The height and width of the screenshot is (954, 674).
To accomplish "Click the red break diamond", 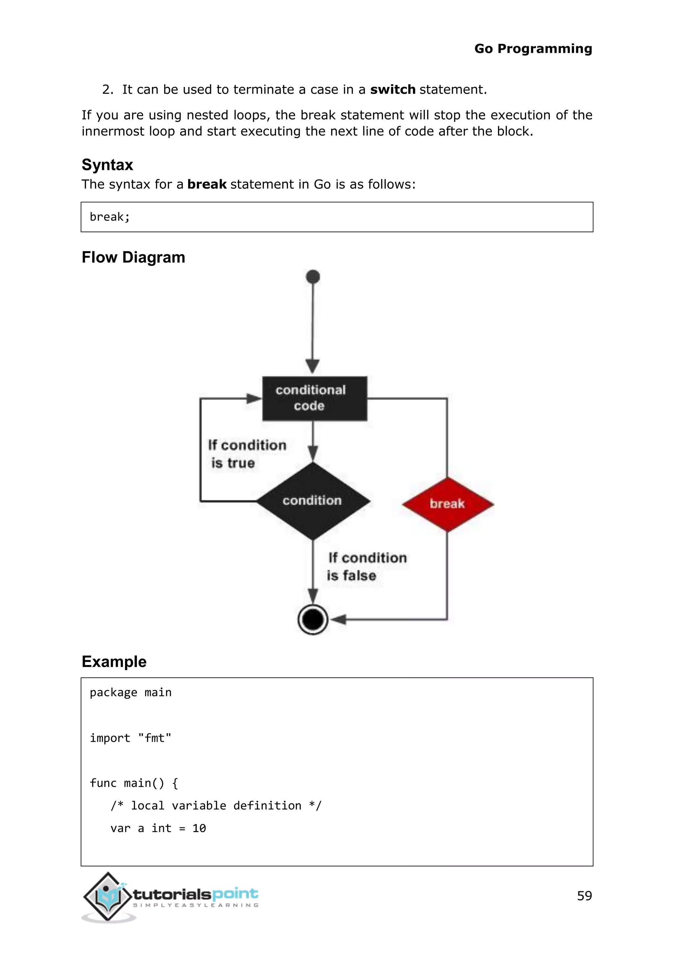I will pyautogui.click(x=447, y=504).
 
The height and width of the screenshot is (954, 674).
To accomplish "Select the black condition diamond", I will pyautogui.click(x=313, y=501).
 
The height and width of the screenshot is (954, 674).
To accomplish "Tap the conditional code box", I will pyautogui.click(x=314, y=398).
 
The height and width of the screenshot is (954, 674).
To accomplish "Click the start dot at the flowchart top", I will pyautogui.click(x=313, y=277).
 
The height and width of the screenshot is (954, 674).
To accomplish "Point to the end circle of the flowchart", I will pyautogui.click(x=313, y=620).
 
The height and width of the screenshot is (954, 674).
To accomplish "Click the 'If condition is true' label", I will pyautogui.click(x=246, y=454).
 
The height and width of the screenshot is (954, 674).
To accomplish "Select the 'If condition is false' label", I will pyautogui.click(x=367, y=566).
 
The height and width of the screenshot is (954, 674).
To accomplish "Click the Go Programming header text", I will pyautogui.click(x=533, y=49).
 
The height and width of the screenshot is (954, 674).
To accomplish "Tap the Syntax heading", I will pyautogui.click(x=107, y=165).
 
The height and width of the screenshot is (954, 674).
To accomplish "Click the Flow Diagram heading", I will pyautogui.click(x=133, y=257).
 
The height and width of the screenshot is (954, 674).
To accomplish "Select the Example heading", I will pyautogui.click(x=114, y=661).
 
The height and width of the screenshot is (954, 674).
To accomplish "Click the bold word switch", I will pyautogui.click(x=392, y=89).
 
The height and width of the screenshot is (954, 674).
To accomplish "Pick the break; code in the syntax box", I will pyautogui.click(x=110, y=217).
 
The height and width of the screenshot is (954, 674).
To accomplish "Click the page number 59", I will pyautogui.click(x=584, y=895).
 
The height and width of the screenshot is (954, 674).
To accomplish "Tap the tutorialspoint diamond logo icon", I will pyautogui.click(x=108, y=897).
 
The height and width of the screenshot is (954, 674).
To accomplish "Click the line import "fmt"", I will pyautogui.click(x=130, y=738).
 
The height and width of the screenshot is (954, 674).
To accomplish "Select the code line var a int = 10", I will pyautogui.click(x=158, y=828).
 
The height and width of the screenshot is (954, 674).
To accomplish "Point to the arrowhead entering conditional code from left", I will pyautogui.click(x=254, y=399).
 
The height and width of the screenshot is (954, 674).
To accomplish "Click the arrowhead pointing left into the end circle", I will pyautogui.click(x=339, y=620).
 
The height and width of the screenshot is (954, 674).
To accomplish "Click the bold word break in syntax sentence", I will pyautogui.click(x=207, y=184).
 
